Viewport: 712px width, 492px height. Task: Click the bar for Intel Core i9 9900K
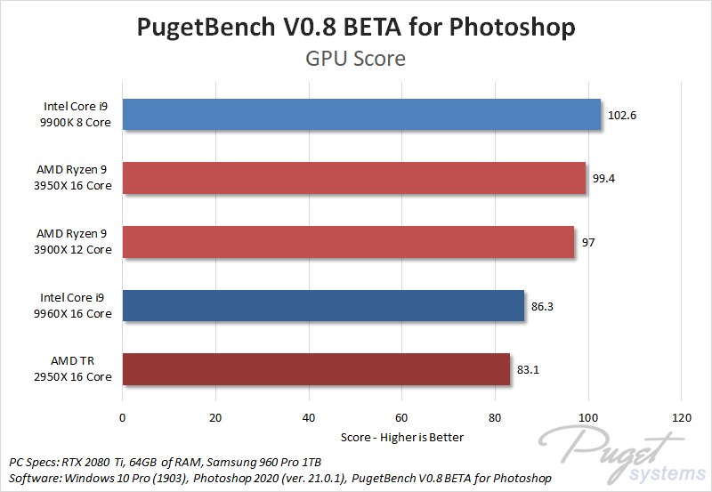point(361,115)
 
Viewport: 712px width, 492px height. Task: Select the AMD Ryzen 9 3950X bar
point(354,178)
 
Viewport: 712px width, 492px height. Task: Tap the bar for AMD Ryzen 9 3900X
point(348,242)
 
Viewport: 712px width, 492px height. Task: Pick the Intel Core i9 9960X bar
point(323,305)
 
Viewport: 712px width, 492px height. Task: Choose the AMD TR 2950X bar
point(316,369)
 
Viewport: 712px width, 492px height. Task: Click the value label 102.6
point(622,115)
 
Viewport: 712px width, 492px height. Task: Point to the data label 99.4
point(603,178)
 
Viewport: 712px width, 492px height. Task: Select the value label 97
point(589,242)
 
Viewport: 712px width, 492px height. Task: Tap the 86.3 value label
point(542,305)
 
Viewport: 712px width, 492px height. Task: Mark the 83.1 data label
point(528,369)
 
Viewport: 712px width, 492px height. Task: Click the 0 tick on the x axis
point(123,417)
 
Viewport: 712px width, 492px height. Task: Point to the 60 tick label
point(401,417)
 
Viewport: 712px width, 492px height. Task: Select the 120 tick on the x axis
point(681,417)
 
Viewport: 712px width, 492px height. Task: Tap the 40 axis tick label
point(309,417)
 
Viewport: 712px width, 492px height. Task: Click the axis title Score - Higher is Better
point(402,437)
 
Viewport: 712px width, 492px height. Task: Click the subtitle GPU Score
point(356,60)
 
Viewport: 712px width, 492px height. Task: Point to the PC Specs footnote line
point(165,463)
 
